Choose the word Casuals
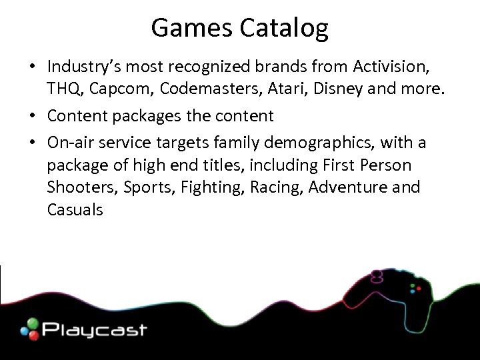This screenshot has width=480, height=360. tap(75, 210)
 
